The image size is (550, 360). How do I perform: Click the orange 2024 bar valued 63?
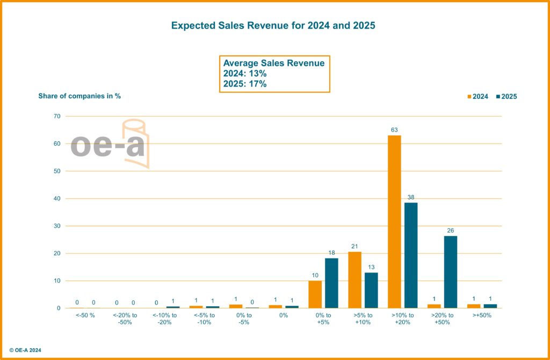coord(394,221)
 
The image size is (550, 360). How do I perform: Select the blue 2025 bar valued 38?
coord(411,255)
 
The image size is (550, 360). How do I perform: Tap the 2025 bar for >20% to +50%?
coord(450,272)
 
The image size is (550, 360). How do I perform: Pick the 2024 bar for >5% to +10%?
coord(354,279)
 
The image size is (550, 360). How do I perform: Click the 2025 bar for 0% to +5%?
coord(331,283)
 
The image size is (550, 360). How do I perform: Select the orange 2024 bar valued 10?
coord(315,294)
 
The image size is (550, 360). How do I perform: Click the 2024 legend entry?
coord(477,97)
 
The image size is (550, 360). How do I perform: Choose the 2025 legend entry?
coord(506,97)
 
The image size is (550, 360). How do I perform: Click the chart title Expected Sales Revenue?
coord(273,26)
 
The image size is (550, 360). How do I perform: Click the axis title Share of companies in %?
coord(79,96)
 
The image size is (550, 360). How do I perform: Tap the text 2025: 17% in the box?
coord(245,84)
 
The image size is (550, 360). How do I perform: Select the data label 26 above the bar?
coord(450,231)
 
